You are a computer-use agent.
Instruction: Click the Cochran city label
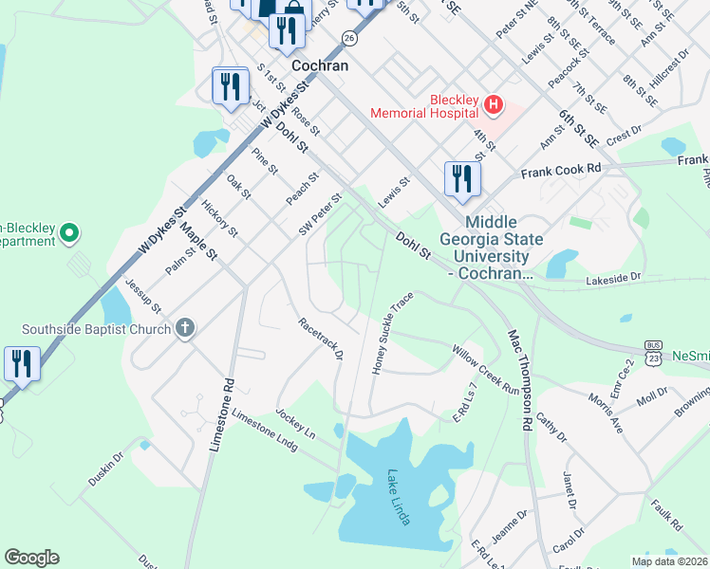[320, 66]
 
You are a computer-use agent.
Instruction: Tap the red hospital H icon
[493, 102]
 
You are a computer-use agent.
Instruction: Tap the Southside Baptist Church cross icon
[185, 329]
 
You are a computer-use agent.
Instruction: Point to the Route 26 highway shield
[350, 38]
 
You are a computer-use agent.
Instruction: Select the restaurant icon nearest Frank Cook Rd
[462, 179]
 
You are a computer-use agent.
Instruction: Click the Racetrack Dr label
[319, 339]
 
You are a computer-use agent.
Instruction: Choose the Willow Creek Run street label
[485, 370]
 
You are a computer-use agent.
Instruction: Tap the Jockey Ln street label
[295, 423]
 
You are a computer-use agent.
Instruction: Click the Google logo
[31, 558]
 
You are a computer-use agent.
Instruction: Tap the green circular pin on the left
[68, 231]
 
